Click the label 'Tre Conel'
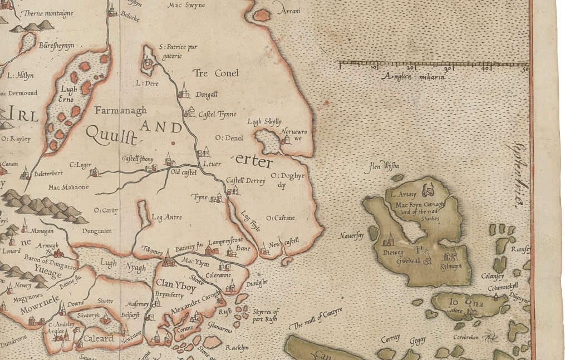coord(215,73)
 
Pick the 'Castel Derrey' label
coord(245,180)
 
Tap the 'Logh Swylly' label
coord(264,122)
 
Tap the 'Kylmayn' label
coord(451,268)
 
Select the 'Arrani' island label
coord(287,11)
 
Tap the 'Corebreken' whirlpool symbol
coord(490,336)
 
